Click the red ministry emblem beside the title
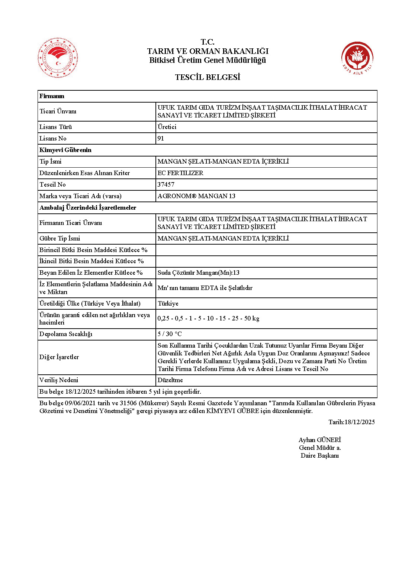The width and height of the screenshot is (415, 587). [58, 58]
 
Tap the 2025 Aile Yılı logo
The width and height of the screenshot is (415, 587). [357, 58]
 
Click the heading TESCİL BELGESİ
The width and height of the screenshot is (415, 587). [207, 77]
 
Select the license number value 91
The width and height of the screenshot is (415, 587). [161, 138]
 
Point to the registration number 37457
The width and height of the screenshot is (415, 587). [166, 184]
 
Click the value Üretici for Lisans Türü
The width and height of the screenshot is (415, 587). [167, 127]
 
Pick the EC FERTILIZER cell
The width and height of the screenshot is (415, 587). [180, 173]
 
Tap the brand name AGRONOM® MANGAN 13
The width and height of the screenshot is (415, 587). [196, 196]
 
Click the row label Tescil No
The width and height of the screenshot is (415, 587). [52, 184]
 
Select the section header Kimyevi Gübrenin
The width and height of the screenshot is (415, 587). [65, 150]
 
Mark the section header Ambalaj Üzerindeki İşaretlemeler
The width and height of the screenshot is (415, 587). [88, 207]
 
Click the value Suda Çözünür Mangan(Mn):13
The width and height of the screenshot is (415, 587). [199, 272]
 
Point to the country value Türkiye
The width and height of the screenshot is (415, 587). [168, 303]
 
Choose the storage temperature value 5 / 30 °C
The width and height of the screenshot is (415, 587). [170, 334]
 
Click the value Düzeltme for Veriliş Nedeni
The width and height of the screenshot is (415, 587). [170, 380]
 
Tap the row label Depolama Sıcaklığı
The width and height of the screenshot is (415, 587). [66, 334]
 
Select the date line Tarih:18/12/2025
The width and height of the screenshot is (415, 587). [351, 422]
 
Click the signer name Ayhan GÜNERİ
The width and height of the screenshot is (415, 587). [320, 440]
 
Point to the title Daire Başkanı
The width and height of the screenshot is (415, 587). [320, 455]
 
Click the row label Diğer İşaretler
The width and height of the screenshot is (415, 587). [59, 357]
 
